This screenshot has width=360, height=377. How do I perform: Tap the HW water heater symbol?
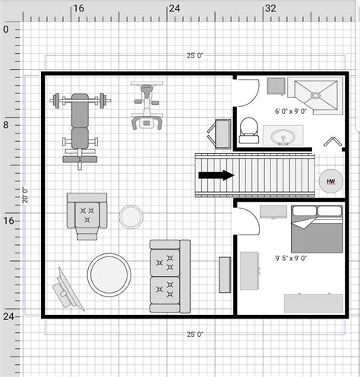pos(330,181)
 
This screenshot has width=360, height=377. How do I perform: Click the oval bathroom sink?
pos(285,138)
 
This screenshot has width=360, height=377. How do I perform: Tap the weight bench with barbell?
pos(80,125)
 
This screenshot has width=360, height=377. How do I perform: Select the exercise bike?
pos(146,107)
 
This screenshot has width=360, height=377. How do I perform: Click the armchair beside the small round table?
pos(87,212)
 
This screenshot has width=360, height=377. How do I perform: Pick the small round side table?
pos(131,218)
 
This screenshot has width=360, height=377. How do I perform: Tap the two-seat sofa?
pos(169,274)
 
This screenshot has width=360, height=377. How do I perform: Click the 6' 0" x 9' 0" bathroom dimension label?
pos(290,112)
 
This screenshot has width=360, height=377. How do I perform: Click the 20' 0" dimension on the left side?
pos(24,194)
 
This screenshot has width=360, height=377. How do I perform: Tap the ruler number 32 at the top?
pos(269,8)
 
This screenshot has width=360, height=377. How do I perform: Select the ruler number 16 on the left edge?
pos(7,221)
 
